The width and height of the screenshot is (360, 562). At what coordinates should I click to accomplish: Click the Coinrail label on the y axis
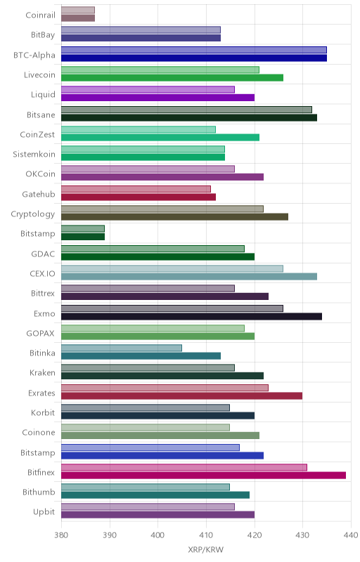click(41, 15)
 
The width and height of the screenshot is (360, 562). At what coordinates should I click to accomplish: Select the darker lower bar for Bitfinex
click(204, 476)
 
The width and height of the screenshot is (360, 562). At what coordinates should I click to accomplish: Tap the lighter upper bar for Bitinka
click(122, 348)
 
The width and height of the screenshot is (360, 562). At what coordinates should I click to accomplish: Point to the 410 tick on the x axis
click(206, 535)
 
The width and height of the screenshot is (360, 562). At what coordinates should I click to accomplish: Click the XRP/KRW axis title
click(206, 550)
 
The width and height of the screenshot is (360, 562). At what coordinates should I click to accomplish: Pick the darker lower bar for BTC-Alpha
click(194, 58)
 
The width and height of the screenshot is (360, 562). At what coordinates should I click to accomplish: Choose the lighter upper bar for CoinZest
click(139, 129)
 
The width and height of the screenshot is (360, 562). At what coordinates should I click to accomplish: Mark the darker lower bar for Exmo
click(191, 317)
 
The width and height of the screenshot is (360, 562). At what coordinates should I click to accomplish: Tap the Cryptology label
click(33, 214)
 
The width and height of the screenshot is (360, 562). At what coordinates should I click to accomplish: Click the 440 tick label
click(351, 535)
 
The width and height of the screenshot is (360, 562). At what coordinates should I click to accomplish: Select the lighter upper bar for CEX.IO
click(172, 268)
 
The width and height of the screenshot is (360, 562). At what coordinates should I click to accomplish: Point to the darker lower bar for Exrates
click(182, 396)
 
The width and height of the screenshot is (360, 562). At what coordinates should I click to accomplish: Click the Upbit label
click(44, 512)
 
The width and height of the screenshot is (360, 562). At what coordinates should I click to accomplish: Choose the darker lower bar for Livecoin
click(172, 78)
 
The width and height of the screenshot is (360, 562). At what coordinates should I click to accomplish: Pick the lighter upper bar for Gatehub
click(136, 189)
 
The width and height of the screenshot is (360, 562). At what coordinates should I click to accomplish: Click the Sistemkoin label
click(34, 154)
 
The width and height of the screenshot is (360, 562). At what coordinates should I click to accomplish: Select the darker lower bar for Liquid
click(157, 98)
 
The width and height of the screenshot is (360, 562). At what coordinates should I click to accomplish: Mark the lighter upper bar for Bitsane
click(186, 110)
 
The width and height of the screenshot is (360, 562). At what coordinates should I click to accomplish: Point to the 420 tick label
click(255, 535)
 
